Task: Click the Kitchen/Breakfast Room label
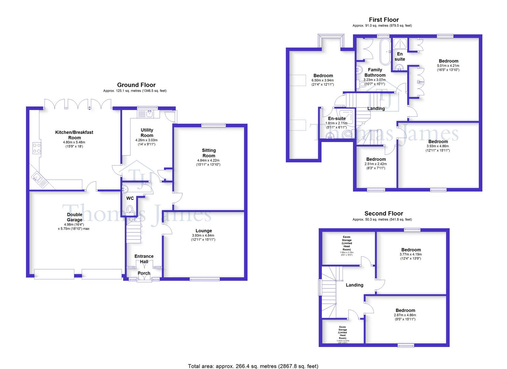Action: pyautogui.click(x=74, y=135)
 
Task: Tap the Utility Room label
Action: pyautogui.click(x=147, y=133)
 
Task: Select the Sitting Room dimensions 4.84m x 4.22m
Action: pyautogui.click(x=208, y=161)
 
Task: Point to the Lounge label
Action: pyautogui.click(x=203, y=231)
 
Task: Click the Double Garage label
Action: pyautogui.click(x=74, y=217)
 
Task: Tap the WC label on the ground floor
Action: pyautogui.click(x=130, y=198)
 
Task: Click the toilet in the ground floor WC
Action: pyautogui.click(x=130, y=209)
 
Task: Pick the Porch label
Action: pyautogui.click(x=144, y=273)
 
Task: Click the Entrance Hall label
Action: pyautogui.click(x=144, y=259)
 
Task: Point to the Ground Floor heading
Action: pyautogui.click(x=136, y=85)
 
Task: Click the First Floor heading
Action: pyautogui.click(x=384, y=20)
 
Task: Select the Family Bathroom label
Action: pyautogui.click(x=375, y=72)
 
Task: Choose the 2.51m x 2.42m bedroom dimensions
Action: pyautogui.click(x=376, y=164)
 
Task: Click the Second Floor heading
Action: pyautogui.click(x=384, y=214)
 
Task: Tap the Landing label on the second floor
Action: pyautogui.click(x=354, y=285)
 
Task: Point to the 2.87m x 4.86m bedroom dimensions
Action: pyautogui.click(x=406, y=315)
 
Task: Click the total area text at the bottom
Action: pyautogui.click(x=253, y=366)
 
